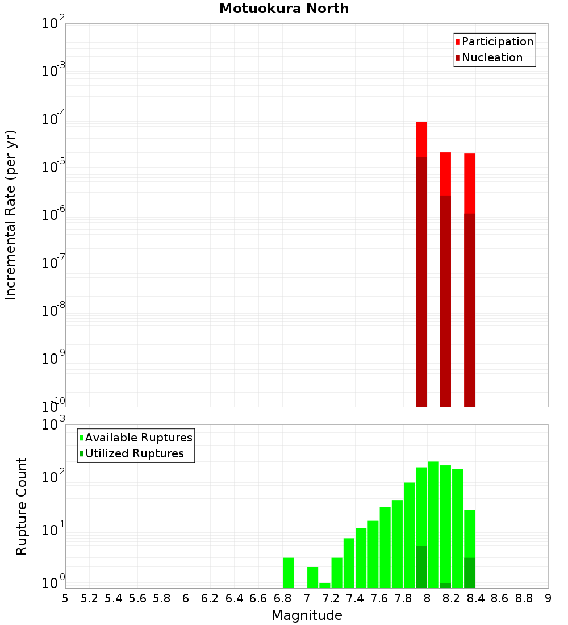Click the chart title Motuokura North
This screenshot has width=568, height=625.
click(x=284, y=9)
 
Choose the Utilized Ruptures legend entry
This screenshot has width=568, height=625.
click(x=134, y=453)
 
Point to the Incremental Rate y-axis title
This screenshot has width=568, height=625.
click(x=10, y=215)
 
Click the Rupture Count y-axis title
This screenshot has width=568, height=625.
click(x=22, y=506)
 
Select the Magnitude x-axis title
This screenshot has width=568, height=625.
click(x=307, y=615)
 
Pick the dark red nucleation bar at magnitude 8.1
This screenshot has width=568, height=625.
click(x=445, y=301)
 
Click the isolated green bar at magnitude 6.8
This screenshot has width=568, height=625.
click(x=289, y=573)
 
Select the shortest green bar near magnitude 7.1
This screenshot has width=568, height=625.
click(x=324, y=585)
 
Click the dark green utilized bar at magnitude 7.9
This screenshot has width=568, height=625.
click(x=421, y=567)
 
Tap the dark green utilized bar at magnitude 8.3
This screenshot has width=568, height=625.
click(x=469, y=573)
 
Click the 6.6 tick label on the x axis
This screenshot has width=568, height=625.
click(x=258, y=598)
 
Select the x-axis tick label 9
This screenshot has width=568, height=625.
click(x=548, y=598)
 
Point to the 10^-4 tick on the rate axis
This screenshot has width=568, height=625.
click(x=52, y=119)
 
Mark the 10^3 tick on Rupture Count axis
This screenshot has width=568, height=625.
click(x=52, y=424)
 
